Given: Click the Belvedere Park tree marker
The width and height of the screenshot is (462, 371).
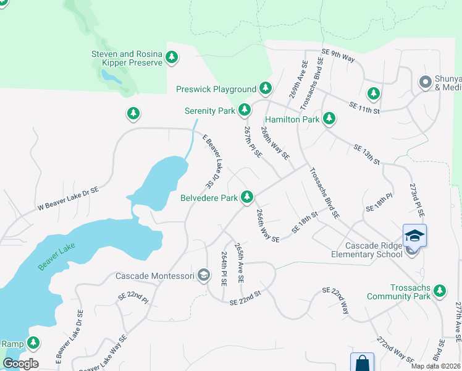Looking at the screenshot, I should coord(247,197).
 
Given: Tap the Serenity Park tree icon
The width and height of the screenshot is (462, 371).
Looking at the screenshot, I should coord(245,110).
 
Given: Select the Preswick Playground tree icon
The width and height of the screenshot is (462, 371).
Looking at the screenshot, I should coord(266,88).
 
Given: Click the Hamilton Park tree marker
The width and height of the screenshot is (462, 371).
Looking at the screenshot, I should coord(329,117).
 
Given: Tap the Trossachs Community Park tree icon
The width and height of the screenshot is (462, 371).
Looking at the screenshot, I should coord(440,291).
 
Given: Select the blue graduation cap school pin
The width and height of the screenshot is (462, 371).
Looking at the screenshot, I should coord(414,236).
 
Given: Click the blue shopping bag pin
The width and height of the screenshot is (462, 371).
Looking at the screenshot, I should coord(362,362).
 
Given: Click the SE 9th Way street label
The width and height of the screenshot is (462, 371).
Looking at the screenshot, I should coord(338,56).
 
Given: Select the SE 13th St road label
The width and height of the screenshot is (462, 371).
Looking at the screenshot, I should coord(366,155).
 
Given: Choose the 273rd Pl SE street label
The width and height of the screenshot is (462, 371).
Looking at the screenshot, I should coord(417,199).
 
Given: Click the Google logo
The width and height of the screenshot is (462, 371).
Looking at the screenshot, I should coord(20,364).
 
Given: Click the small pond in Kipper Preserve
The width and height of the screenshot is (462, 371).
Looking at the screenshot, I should coord(112,76).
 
